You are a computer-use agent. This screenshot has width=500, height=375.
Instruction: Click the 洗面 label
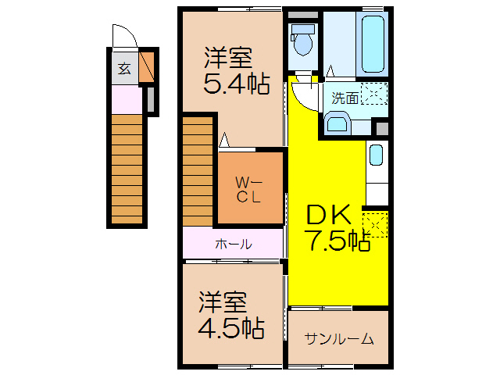pyautogui.click(x=345, y=98)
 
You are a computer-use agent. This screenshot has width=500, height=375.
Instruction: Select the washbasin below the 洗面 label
pyautogui.click(x=338, y=123)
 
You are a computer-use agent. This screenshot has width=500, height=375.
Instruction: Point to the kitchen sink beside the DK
pyautogui.click(x=376, y=155)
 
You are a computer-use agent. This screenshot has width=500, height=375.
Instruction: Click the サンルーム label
pyautogui.click(x=339, y=339)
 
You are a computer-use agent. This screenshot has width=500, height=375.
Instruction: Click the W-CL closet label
pyautogui.click(x=248, y=189)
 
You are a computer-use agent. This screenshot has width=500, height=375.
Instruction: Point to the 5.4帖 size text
pyautogui.click(x=231, y=84)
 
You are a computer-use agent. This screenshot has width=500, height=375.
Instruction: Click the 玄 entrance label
pyautogui.click(x=124, y=68)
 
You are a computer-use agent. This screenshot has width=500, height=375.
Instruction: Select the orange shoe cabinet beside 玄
pyautogui.click(x=147, y=66)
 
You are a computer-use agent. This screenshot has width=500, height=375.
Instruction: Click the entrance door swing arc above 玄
pyautogui.click(x=123, y=37)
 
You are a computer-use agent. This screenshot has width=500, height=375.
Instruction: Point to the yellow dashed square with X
pyautogui.click(x=375, y=224)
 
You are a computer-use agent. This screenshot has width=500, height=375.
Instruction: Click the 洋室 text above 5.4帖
pyautogui.click(x=228, y=57)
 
